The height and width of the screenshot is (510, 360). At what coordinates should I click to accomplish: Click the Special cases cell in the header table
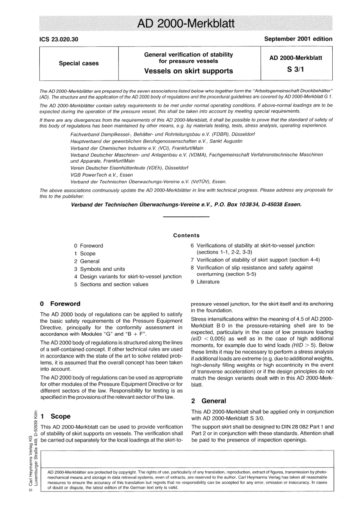tap(79, 63)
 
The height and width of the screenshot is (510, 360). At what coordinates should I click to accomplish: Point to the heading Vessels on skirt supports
tap(189, 71)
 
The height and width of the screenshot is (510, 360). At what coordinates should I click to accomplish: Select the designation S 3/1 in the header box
tap(296, 69)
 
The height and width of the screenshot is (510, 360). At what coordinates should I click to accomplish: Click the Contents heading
tap(186, 235)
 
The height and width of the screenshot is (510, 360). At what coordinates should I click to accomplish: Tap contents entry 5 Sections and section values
tap(111, 284)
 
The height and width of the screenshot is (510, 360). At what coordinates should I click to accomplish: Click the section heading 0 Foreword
tap(60, 304)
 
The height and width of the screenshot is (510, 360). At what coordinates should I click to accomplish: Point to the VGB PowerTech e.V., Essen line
tap(102, 175)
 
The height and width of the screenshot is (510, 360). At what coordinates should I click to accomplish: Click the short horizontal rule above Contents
tap(186, 217)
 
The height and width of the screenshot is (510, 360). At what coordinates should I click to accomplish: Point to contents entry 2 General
tap(87, 261)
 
